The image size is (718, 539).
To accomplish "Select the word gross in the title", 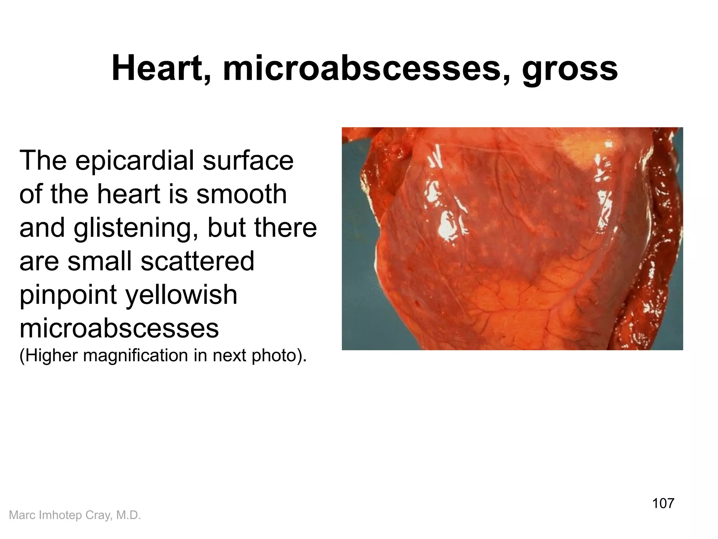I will pyautogui.click(x=570, y=70).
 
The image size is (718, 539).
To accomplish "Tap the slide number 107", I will pyautogui.click(x=663, y=503).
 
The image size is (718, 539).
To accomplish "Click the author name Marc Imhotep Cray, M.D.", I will pyautogui.click(x=75, y=515).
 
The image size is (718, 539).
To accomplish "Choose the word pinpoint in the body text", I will pyautogui.click(x=68, y=295).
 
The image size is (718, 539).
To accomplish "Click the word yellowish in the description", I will pyautogui.click(x=181, y=295).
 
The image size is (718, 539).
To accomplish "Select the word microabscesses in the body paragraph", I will pyautogui.click(x=119, y=328).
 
